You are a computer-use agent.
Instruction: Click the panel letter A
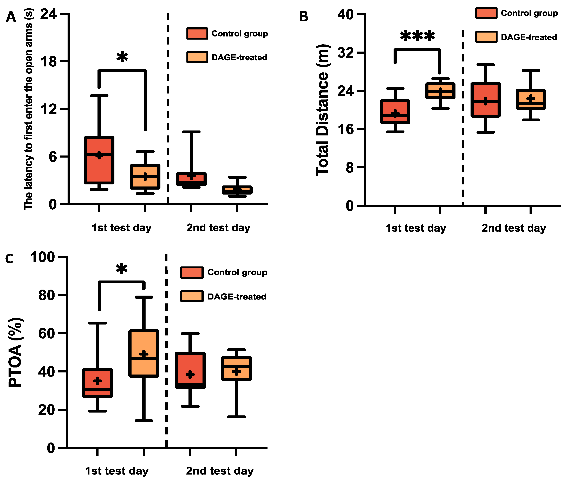[x=11, y=17]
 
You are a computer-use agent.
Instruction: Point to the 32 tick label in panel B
[x=346, y=53]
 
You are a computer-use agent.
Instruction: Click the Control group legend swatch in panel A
[x=197, y=33]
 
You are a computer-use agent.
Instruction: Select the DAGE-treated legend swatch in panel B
[x=486, y=37]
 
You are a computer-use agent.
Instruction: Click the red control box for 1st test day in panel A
[x=99, y=160]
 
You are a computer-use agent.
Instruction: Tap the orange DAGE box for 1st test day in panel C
[x=144, y=353]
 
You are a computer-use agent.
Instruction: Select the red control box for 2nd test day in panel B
[x=485, y=100]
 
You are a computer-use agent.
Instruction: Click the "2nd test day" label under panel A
[x=218, y=227]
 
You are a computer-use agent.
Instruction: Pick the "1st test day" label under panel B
[x=416, y=228]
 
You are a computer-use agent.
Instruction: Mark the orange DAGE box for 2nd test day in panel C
[x=236, y=368]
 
